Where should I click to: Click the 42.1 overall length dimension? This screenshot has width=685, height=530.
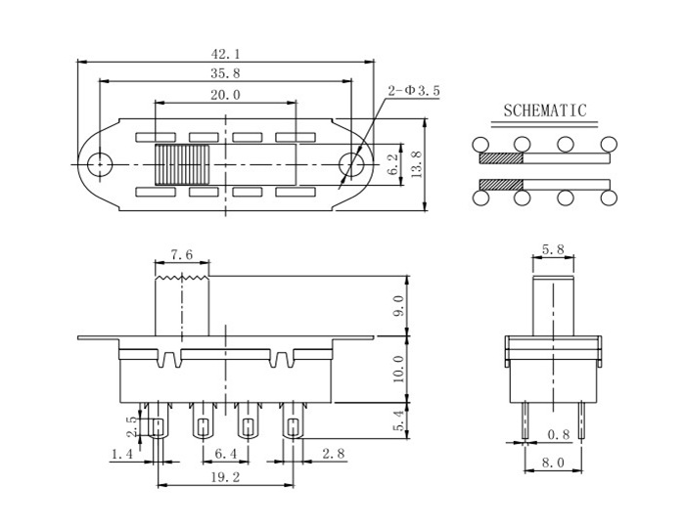[226, 54]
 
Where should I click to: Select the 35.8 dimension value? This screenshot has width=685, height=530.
[225, 73]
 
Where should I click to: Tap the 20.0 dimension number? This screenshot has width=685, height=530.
[225, 95]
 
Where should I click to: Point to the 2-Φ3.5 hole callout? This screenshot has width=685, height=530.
[414, 91]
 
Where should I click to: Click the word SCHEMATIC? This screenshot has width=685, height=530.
[544, 110]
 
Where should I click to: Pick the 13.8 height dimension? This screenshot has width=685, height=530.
[417, 164]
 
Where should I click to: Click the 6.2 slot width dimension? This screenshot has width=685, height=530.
[393, 164]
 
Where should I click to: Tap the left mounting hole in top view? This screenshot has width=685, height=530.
[100, 164]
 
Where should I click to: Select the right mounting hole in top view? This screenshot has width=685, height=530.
[351, 164]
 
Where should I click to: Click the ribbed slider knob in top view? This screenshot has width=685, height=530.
[182, 164]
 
